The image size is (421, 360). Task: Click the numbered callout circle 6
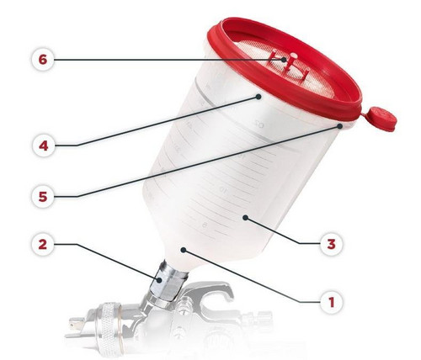(x=43, y=60)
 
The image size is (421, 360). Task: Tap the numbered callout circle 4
(x=43, y=146)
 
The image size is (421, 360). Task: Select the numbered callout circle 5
(x=43, y=197)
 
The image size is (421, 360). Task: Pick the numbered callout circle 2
(x=43, y=245)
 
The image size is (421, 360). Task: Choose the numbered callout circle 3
(x=332, y=244)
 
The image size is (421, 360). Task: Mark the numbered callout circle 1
(x=332, y=303)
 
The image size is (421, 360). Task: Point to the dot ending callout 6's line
(x=284, y=60)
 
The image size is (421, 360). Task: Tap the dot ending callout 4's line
(x=258, y=97)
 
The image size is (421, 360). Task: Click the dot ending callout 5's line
(x=340, y=126)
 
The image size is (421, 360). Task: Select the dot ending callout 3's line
(x=245, y=218)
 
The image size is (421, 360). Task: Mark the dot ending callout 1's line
(x=184, y=250)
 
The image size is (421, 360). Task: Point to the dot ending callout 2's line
(x=159, y=280)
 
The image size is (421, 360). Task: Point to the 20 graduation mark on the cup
(x=259, y=124)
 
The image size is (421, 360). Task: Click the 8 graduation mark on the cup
(x=205, y=225)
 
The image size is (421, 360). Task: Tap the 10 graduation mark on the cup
(x=224, y=189)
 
